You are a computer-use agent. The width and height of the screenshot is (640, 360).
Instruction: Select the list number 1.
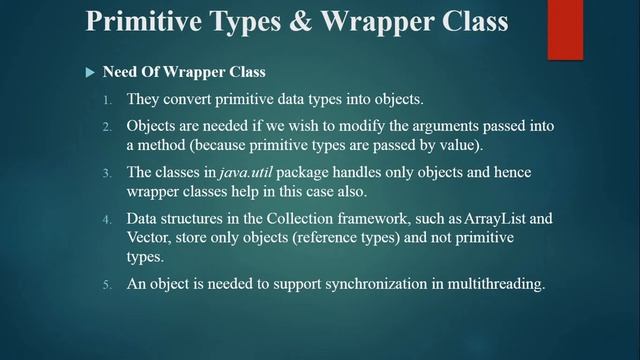(x=108, y=100)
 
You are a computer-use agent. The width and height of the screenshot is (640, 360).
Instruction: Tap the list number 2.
(x=108, y=128)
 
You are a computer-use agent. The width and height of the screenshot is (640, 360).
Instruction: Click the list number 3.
(x=108, y=174)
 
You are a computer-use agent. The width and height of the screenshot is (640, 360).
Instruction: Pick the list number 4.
(x=108, y=219)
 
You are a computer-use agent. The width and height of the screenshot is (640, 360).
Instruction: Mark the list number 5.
(x=108, y=285)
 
